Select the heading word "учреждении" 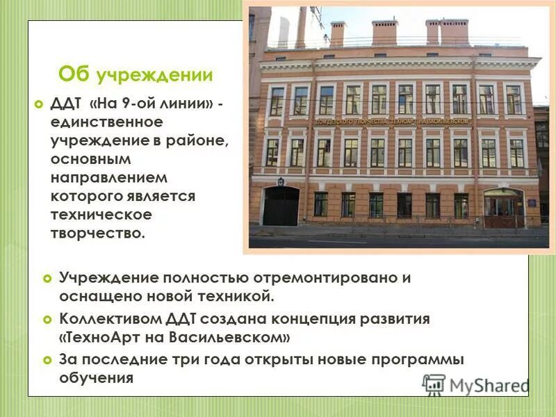coord(154,75)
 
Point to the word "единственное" coord(106,122)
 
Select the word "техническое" coord(101,215)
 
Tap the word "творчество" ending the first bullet coord(96,233)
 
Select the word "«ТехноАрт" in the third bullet coord(100,338)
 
